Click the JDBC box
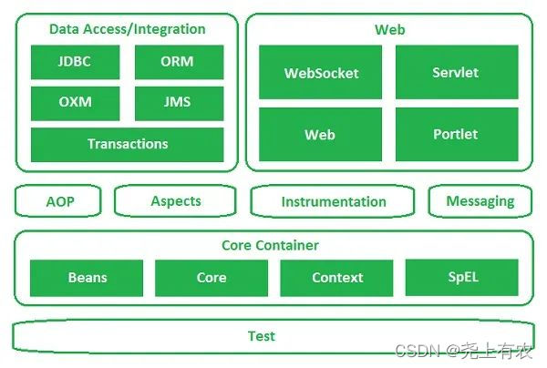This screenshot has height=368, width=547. [x=75, y=63]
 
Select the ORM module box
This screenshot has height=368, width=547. [x=177, y=63]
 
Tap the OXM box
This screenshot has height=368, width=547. [x=75, y=102]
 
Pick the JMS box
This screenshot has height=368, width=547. [x=177, y=102]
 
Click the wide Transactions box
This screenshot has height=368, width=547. [x=127, y=144]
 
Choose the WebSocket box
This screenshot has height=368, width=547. [x=321, y=73]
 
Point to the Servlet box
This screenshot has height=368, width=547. [x=456, y=73]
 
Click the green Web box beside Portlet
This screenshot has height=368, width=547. [x=321, y=134]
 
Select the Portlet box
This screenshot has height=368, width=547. [x=456, y=134]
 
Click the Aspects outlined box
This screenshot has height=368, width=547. [x=176, y=201]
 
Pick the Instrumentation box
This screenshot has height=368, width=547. [x=334, y=201]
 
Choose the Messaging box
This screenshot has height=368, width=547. [x=480, y=201]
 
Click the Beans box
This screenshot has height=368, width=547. [x=87, y=278]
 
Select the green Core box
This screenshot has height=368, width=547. [x=212, y=278]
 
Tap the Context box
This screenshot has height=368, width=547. [x=336, y=278]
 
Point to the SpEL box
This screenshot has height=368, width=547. [x=461, y=277]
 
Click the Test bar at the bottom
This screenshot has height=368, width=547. [x=262, y=336]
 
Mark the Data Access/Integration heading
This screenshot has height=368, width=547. [x=128, y=29]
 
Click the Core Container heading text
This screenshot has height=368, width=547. [x=270, y=246]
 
